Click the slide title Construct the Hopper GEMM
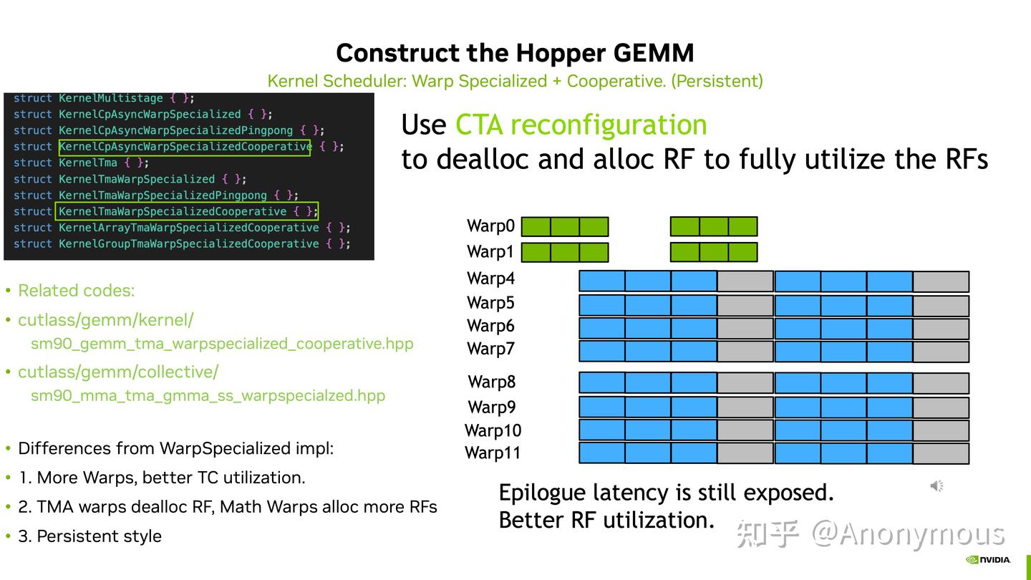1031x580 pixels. (515, 53)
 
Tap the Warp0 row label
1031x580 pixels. (490, 226)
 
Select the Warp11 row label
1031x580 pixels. (493, 453)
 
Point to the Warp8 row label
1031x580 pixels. (491, 382)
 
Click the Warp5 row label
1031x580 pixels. (490, 303)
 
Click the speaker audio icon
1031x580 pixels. (936, 486)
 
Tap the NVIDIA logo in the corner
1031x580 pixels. (988, 560)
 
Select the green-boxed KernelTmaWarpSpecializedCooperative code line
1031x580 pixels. (186, 211)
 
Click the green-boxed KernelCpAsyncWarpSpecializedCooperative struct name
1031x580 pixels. (185, 147)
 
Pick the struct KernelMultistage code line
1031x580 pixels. (104, 98)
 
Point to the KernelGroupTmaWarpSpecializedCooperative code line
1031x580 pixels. (182, 243)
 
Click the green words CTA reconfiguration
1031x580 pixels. (581, 125)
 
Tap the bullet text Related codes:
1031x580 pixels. (76, 291)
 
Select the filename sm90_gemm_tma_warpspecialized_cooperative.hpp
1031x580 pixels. (222, 344)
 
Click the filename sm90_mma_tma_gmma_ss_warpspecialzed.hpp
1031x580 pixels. (208, 395)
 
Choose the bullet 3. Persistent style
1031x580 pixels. (89, 536)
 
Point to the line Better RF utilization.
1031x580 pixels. (606, 520)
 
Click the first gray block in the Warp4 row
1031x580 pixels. (745, 281)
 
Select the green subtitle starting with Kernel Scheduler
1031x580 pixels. (515, 81)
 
